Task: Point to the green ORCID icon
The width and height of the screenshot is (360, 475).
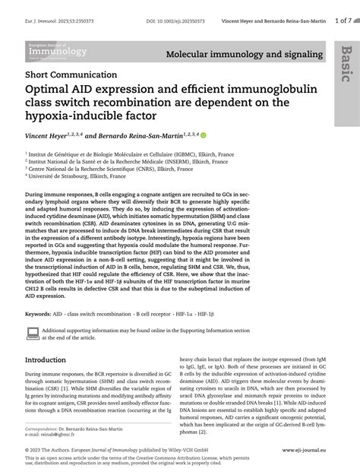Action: (x=204, y=135)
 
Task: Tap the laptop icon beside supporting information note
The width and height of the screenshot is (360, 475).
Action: (x=33, y=333)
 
